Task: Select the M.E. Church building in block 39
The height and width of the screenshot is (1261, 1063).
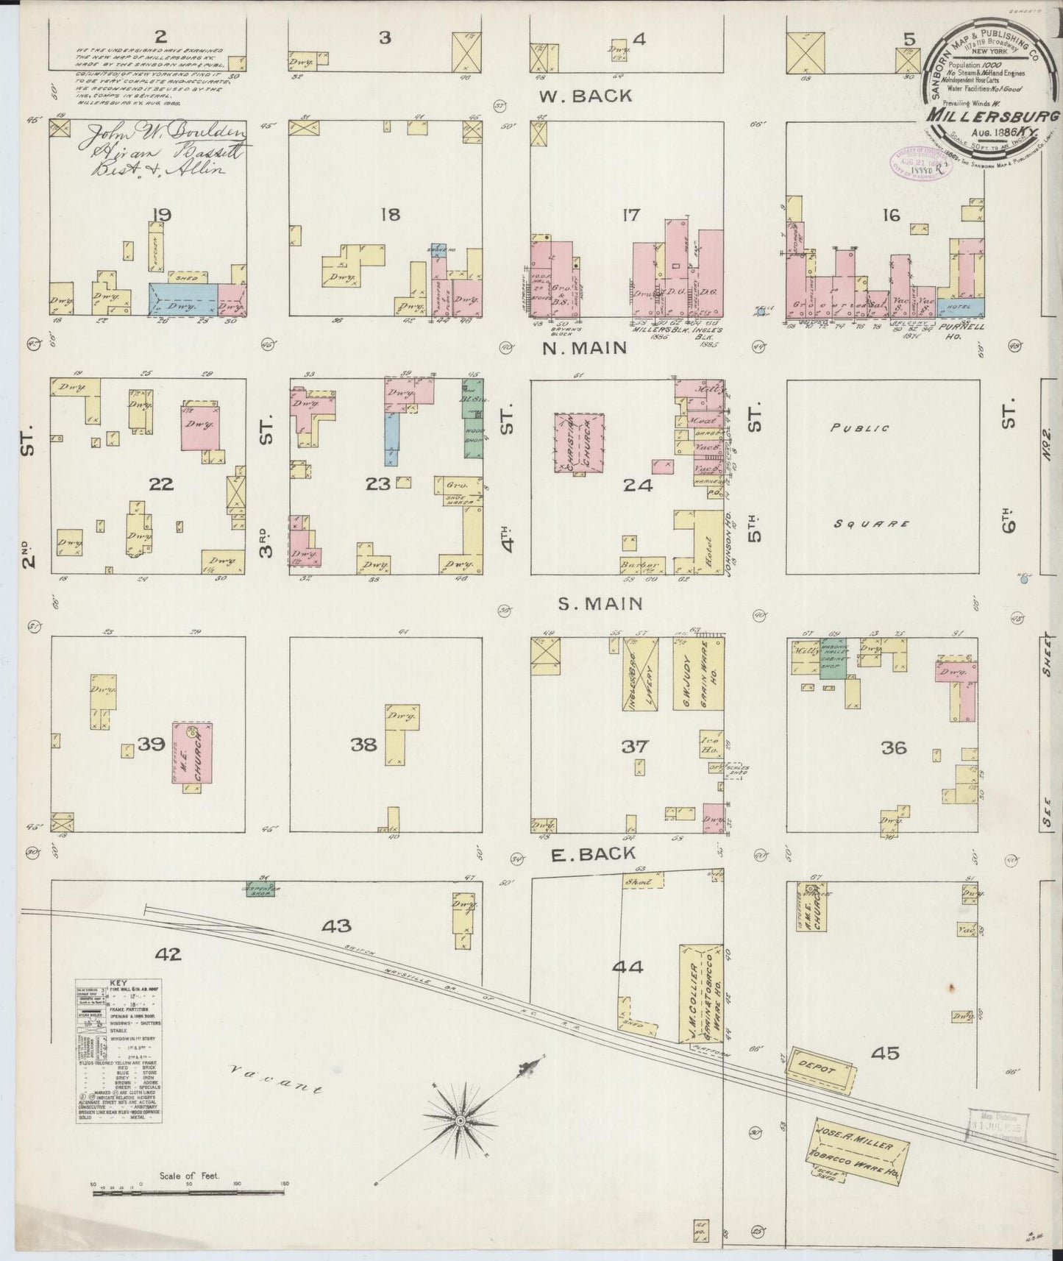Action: click(x=192, y=753)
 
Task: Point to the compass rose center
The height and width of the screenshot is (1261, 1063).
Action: click(x=460, y=1140)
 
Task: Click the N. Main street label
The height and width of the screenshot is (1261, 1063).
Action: click(x=585, y=348)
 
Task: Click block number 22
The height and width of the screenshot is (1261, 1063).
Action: click(x=160, y=484)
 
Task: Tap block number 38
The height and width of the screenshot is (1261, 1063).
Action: click(x=363, y=745)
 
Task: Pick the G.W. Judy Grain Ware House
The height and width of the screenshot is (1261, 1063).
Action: click(x=697, y=674)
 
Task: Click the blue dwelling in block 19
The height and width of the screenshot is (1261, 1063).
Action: click(x=183, y=300)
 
